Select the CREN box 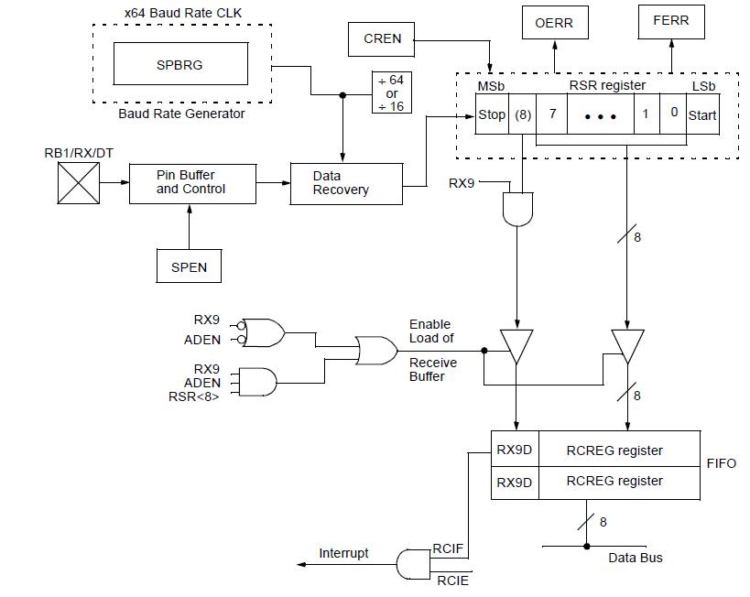(x=382, y=38)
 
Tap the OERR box (x=553, y=23)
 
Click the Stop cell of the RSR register (x=491, y=114)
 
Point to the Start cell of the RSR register (x=702, y=114)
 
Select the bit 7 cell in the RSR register (x=552, y=114)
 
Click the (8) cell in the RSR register (x=523, y=114)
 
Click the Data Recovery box (x=345, y=182)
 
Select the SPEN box (x=189, y=266)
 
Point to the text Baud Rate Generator (x=181, y=114)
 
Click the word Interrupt (x=343, y=553)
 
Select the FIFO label (x=721, y=464)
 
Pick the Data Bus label (x=636, y=558)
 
